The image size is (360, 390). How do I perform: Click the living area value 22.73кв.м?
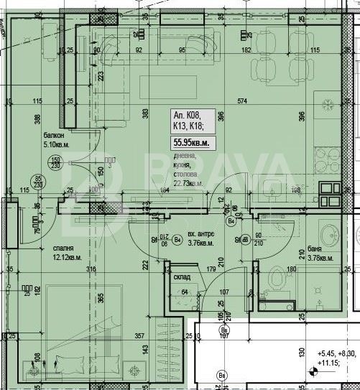click(186, 183)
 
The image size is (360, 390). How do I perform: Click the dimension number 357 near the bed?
click(140, 335)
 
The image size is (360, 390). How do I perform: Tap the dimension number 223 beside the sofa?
click(101, 75)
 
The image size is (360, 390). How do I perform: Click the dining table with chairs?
click(274, 68)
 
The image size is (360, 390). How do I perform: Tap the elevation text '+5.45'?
click(326, 353)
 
